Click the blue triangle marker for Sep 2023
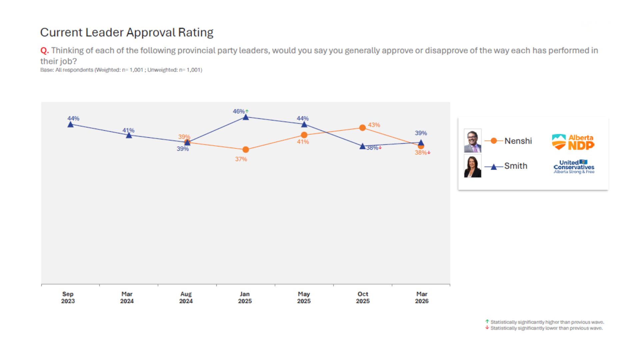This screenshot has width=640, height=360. click(70, 125)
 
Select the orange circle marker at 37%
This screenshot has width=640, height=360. click(246, 150)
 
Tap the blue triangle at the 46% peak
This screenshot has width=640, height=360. click(246, 117)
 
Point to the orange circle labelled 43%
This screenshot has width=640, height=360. click(362, 128)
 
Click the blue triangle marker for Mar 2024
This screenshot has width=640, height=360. click(129, 135)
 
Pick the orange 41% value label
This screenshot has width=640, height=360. click(303, 142)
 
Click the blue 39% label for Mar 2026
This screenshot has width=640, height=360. click(421, 133)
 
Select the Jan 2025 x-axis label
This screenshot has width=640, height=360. click(245, 297)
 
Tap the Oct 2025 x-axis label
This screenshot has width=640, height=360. click(363, 297)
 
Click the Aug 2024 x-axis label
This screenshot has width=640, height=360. click(186, 297)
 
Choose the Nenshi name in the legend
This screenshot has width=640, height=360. click(518, 141)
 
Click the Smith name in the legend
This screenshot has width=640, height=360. click(516, 166)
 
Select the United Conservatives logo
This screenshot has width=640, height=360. click(574, 167)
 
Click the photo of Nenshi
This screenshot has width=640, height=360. click(473, 141)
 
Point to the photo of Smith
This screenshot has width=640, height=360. click(473, 166)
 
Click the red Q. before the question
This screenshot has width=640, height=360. click(44, 51)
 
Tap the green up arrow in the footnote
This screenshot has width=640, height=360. click(487, 322)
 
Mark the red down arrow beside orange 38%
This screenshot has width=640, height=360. click(429, 153)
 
